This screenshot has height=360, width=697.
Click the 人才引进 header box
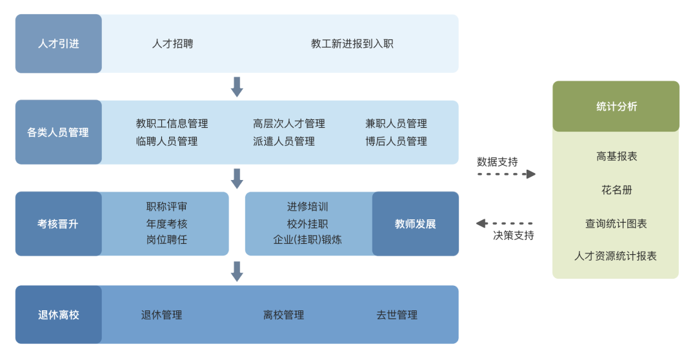(59, 44)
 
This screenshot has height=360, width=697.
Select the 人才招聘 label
(172, 44)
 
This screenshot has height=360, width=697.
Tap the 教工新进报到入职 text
(352, 44)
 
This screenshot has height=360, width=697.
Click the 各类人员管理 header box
(59, 132)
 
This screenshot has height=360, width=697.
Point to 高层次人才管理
(289, 124)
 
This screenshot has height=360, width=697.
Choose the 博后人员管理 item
(396, 141)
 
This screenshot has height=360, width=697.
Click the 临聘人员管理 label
(167, 141)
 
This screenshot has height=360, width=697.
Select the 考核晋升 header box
(59, 224)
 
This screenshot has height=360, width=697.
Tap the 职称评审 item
(167, 207)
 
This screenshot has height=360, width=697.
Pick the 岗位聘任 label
(167, 240)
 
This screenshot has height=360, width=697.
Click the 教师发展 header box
(416, 224)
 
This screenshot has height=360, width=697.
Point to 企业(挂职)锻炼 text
(308, 240)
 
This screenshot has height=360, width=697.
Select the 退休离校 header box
(59, 315)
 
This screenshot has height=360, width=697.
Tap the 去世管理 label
(397, 315)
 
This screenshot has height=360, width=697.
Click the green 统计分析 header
(616, 106)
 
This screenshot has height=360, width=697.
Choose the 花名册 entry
(616, 190)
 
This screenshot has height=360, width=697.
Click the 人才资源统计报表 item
(616, 256)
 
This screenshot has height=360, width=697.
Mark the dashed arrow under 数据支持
(507, 174)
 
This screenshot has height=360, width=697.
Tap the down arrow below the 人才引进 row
(237, 86)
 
